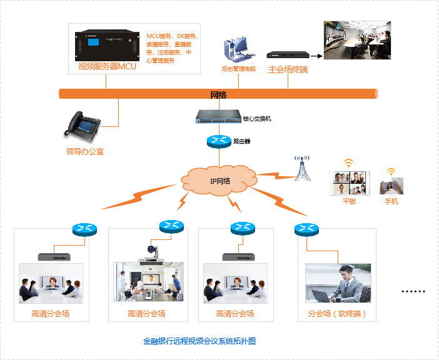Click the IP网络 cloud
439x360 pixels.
(x=218, y=181)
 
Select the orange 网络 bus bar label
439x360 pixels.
(x=218, y=94)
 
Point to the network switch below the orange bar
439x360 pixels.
(x=218, y=116)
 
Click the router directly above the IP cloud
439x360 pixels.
(x=218, y=141)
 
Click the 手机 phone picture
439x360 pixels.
(x=391, y=186)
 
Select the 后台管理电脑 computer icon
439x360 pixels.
(x=236, y=50)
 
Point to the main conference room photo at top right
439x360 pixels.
(x=356, y=40)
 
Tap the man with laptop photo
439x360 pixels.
(x=338, y=283)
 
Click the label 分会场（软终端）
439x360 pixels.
(x=337, y=314)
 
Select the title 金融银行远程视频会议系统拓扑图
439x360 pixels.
(x=199, y=341)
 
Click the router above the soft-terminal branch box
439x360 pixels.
(x=306, y=229)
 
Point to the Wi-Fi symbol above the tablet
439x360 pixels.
(x=348, y=163)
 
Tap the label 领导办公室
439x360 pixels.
(x=85, y=151)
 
